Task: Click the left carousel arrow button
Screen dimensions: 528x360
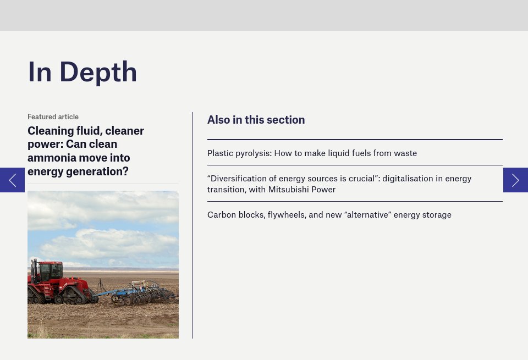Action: coord(12,180)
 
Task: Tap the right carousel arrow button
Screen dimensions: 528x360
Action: coord(515,180)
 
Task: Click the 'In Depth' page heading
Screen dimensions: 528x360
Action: coord(82,72)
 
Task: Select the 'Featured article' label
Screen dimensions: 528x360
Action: coord(53,117)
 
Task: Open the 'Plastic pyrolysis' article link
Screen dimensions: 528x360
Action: coord(312,153)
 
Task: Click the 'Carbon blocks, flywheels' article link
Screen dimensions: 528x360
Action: coord(329,215)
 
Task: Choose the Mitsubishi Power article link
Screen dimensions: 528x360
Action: coord(339,184)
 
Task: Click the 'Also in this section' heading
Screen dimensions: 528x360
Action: coord(256,120)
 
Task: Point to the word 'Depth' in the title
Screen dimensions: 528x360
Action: coord(98,73)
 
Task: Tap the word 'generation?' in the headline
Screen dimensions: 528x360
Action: coord(97,171)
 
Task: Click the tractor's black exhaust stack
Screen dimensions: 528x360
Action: coord(35,270)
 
